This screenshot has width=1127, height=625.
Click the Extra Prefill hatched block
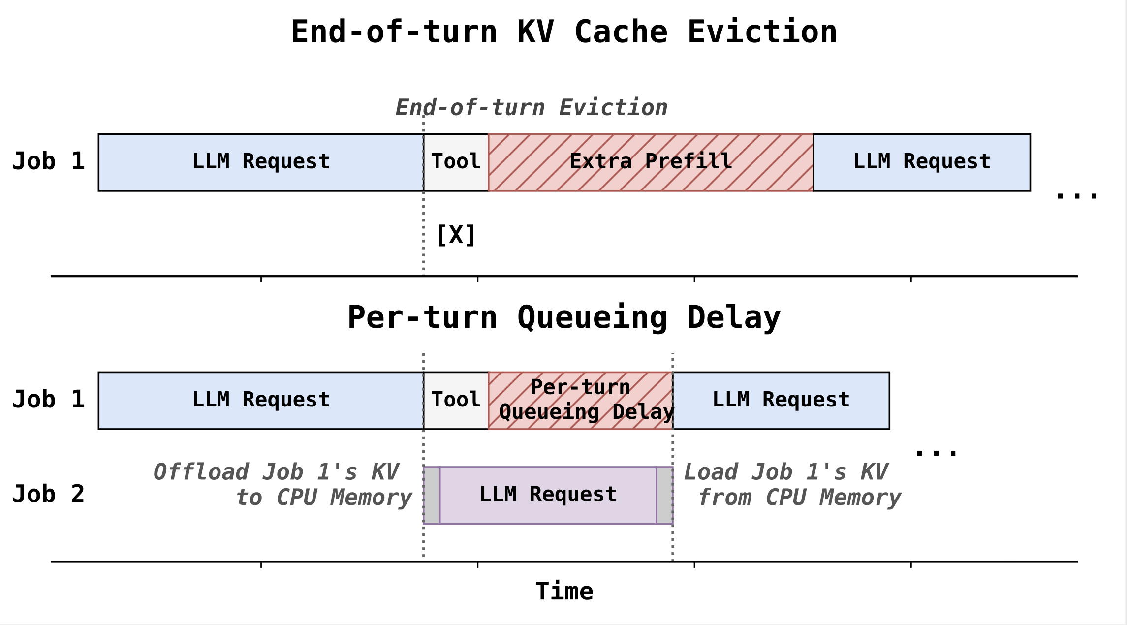coord(650,162)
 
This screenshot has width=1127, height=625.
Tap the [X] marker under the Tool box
coord(456,235)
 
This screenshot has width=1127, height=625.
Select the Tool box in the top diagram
coord(456,162)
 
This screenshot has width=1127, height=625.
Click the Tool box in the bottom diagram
coord(456,401)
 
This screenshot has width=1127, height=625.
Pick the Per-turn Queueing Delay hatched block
coord(581,401)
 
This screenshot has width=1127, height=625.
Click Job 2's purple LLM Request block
coord(548,495)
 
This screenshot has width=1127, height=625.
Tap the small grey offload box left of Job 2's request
coord(432,495)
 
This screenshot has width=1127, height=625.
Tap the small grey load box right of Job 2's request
coord(664,495)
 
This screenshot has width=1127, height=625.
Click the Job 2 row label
coord(48,494)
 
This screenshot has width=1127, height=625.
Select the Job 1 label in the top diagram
coord(48,161)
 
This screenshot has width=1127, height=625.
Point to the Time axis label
coord(564,591)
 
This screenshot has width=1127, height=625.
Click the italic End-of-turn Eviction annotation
coord(532,108)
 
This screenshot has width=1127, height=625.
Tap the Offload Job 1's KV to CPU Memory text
coord(283,485)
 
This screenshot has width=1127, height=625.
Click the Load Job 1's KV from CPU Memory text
coord(792,485)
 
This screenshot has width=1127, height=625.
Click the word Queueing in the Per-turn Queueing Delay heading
coord(592,318)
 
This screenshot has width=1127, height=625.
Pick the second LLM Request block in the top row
coord(921,162)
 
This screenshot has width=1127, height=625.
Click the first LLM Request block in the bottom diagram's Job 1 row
coord(261,401)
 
